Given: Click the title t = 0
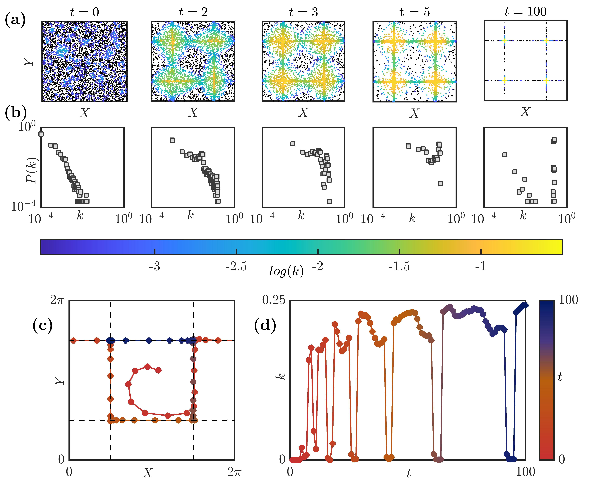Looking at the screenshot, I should pos(84,12).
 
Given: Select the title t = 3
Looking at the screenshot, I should pos(303,12).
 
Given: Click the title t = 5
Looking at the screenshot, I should pos(414,12).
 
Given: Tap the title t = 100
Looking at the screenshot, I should pos(525,11).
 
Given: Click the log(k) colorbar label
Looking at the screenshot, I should pos(286,271).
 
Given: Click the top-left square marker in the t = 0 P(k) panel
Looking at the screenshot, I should pos(41,134).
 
